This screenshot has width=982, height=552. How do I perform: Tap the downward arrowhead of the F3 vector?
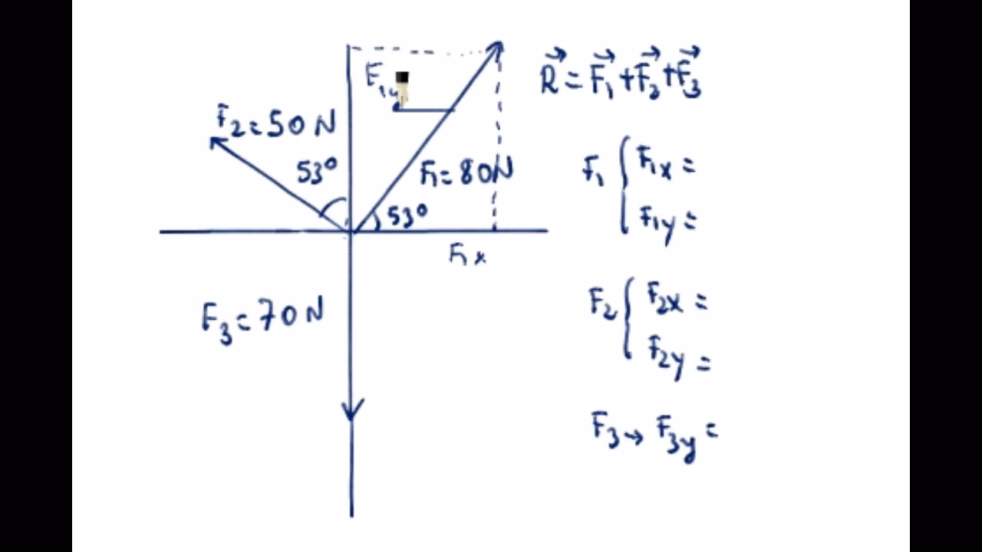click(352, 410)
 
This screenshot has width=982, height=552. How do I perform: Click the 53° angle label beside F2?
click(317, 173)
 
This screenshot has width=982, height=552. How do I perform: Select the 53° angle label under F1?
click(407, 216)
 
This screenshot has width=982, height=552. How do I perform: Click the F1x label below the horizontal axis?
click(467, 255)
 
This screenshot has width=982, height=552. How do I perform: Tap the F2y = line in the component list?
click(678, 357)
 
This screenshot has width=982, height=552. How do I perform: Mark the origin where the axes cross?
click(351, 231)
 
